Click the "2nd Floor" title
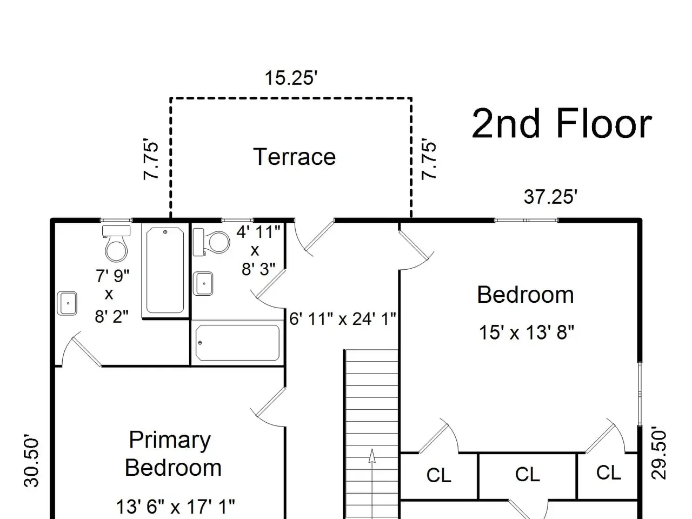(x=562, y=123)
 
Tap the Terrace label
(x=294, y=157)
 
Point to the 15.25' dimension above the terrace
(x=291, y=78)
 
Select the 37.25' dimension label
(x=550, y=197)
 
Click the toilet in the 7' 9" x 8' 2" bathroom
(x=116, y=243)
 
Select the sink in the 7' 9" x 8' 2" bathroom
(x=67, y=303)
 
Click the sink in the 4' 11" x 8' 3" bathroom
(x=203, y=284)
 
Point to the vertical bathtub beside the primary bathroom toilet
(x=165, y=270)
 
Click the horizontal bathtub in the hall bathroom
(x=237, y=343)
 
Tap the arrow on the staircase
(x=372, y=484)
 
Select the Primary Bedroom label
(x=173, y=454)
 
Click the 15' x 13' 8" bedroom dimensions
(x=527, y=332)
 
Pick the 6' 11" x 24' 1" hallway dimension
(x=342, y=318)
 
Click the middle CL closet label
(x=528, y=474)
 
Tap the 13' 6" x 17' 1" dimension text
(x=176, y=507)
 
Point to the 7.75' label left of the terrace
(x=151, y=159)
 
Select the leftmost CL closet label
(x=439, y=475)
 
